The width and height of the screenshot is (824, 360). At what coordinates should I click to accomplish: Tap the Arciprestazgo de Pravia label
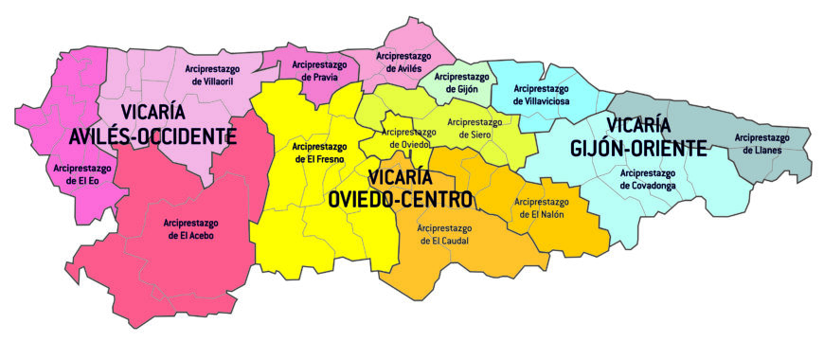pos(318,72)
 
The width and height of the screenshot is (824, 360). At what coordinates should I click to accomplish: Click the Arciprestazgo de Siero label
pos(475,129)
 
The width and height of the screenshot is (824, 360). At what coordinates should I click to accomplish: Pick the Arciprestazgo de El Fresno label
pos(319,153)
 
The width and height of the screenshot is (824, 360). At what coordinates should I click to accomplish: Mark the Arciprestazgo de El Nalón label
pos(541,208)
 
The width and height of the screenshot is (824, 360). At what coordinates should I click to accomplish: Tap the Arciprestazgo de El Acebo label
pos(190,230)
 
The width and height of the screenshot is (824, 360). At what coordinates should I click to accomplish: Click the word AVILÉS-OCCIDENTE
pos(153,137)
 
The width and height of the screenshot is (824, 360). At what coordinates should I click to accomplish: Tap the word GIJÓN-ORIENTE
pos(639,149)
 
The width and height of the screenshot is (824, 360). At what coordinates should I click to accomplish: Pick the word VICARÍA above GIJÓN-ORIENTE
pos(639,125)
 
